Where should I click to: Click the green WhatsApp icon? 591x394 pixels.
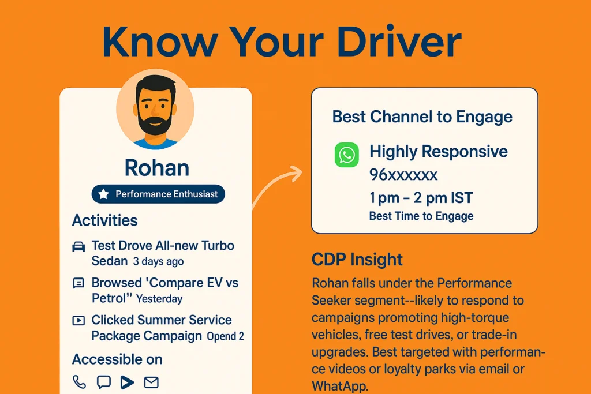tap(346, 155)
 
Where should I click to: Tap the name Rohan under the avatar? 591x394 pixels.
tap(157, 168)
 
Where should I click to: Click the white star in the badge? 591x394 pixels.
tap(103, 194)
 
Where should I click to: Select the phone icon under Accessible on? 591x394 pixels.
tap(79, 382)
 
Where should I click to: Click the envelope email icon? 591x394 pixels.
tap(151, 382)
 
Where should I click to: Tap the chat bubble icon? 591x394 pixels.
tap(104, 382)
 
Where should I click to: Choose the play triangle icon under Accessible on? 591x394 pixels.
tap(127, 382)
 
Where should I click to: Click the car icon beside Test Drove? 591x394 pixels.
tap(78, 246)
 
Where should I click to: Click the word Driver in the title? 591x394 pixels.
tap(399, 42)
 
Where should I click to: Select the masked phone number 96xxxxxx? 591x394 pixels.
tap(403, 175)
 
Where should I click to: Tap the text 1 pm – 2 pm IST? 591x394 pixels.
tap(421, 198)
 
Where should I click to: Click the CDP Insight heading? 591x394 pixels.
tap(357, 260)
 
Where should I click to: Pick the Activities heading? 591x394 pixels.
tap(105, 220)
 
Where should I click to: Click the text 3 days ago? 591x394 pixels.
tap(158, 261)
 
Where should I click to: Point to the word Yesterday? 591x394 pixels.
tap(159, 299)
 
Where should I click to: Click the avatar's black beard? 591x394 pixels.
tap(155, 122)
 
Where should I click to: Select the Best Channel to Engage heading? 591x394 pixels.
tap(422, 117)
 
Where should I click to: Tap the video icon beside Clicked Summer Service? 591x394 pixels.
tap(78, 321)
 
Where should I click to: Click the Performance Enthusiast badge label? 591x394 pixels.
tap(167, 194)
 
